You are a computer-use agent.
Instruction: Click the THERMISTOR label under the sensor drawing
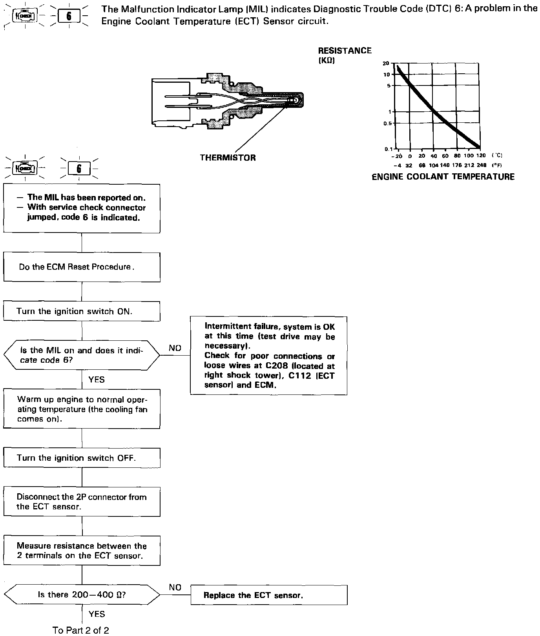228,158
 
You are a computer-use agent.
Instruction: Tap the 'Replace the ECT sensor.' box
269,595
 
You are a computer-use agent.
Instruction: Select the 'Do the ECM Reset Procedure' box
82,267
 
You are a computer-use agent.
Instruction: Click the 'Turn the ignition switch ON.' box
82,311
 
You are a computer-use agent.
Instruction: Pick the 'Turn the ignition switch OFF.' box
82,458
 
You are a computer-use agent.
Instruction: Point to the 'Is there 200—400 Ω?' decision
82,594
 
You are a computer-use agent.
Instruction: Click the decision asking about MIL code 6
82,355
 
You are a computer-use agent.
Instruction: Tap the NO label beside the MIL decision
175,348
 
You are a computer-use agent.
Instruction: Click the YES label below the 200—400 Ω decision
97,614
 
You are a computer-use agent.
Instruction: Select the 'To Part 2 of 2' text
81,630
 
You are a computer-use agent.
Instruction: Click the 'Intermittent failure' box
269,355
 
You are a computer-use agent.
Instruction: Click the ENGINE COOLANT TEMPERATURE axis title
443,177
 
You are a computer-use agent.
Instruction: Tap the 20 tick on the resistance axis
386,64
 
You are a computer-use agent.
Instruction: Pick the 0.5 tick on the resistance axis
387,124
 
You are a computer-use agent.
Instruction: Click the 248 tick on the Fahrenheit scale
482,165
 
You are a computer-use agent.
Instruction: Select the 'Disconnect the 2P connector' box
82,502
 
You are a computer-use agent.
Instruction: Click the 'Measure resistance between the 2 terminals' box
82,551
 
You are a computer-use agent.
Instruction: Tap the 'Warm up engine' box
82,409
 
